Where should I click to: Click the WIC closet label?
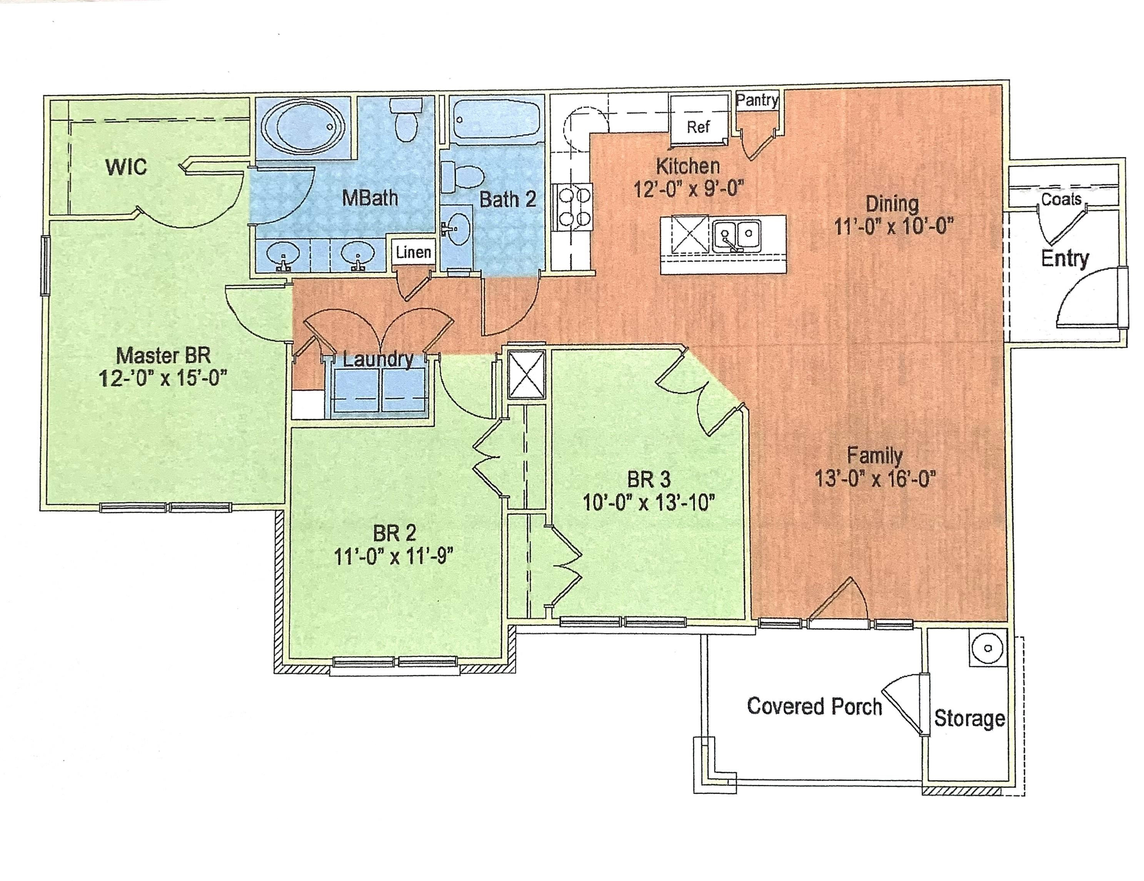click(x=126, y=168)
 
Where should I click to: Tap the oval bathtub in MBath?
click(x=304, y=127)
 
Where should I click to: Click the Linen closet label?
click(x=413, y=253)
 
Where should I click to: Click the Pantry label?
click(x=757, y=100)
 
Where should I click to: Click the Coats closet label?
click(x=1061, y=199)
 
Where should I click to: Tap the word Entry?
click(x=1065, y=259)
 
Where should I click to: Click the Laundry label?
click(x=378, y=359)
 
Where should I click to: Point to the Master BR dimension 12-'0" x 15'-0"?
click(x=163, y=378)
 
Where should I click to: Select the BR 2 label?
click(x=394, y=533)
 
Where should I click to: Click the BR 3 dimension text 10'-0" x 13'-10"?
click(x=649, y=503)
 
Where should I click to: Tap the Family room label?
click(x=875, y=456)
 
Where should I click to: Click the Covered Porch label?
click(x=814, y=706)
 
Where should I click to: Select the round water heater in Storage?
click(x=988, y=648)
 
